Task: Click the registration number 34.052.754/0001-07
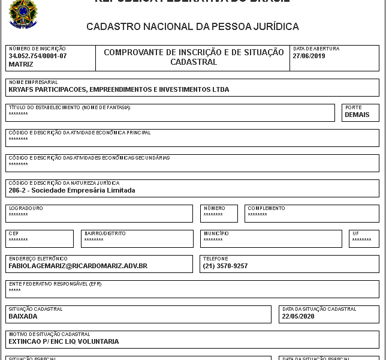38,56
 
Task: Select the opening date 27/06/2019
309,56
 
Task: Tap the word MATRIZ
21,64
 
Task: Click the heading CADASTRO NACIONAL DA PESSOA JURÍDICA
192,27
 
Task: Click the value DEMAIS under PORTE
357,115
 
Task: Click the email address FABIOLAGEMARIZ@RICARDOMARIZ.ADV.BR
78,266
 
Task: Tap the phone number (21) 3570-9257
225,266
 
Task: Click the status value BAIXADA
23,316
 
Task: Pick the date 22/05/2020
298,316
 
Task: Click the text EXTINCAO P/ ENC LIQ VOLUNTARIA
64,341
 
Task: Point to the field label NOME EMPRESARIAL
33,82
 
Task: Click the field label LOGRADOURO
26,208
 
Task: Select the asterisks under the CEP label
18,240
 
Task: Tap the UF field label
355,233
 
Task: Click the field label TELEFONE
216,259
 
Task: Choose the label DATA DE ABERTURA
316,49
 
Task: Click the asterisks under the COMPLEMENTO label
257,215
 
